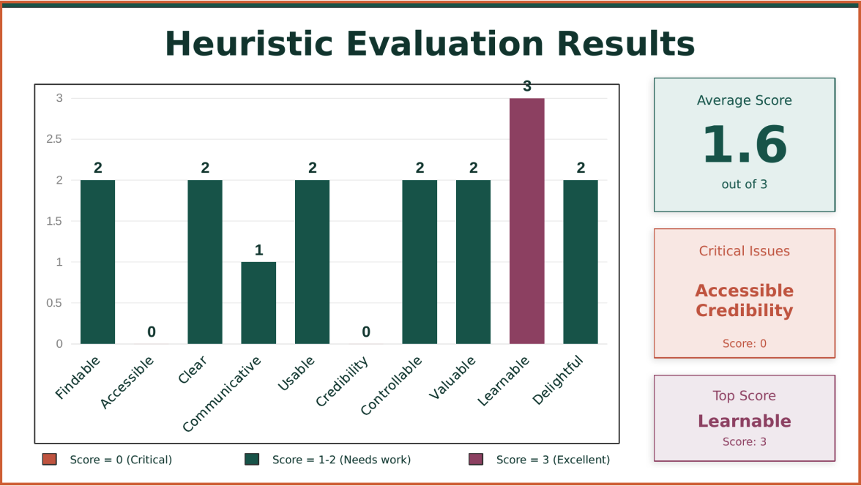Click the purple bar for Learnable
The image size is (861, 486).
tap(527, 220)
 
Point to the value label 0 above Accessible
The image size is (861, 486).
tap(152, 332)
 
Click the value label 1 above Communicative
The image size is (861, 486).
tap(258, 250)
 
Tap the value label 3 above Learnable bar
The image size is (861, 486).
tap(527, 86)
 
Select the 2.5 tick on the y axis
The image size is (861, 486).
tap(54, 139)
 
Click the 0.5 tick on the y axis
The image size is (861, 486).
tap(54, 303)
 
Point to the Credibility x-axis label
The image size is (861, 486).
tap(343, 381)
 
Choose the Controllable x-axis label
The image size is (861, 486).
tap(392, 385)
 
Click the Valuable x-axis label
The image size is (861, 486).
tap(452, 378)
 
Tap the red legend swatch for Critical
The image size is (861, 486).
tap(49, 460)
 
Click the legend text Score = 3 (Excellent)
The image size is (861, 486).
tap(553, 460)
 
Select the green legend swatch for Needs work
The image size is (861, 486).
tap(252, 460)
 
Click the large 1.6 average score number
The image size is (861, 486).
tap(744, 145)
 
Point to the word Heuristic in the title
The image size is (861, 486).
tap(250, 43)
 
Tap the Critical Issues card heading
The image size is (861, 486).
tap(744, 251)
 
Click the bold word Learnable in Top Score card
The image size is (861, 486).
tap(744, 421)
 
